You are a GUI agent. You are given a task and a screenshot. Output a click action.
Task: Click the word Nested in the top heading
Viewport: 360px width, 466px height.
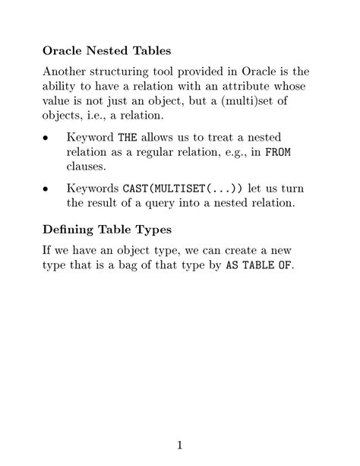coord(110,51)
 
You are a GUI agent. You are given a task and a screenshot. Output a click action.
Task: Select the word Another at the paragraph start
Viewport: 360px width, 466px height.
coord(68,72)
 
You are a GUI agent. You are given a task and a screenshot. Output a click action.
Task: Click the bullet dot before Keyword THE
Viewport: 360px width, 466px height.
coord(46,139)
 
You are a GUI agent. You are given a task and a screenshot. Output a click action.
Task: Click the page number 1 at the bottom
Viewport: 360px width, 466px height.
coord(179,445)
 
